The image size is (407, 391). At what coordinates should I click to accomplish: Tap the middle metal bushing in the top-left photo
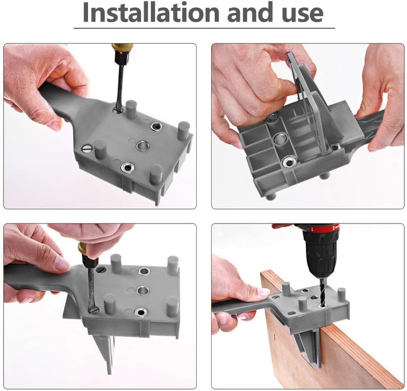coord(142,145)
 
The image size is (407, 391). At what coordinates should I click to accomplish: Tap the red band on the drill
coord(323,228)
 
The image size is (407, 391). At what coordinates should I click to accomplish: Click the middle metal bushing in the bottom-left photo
coord(143,291)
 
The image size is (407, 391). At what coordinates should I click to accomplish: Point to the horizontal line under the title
coord(205,28)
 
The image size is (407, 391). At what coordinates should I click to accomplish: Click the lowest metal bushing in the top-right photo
coord(290,162)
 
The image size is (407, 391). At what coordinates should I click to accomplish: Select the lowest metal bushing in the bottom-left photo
coord(140,312)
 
